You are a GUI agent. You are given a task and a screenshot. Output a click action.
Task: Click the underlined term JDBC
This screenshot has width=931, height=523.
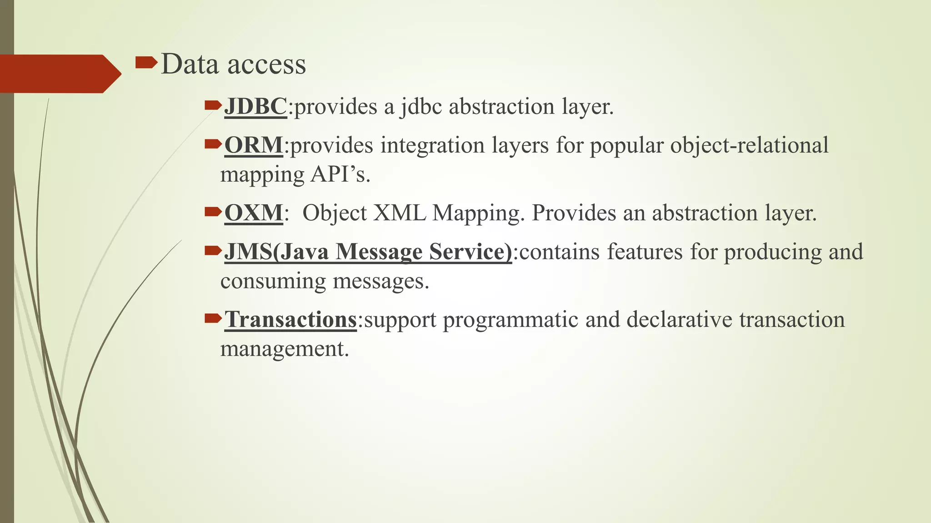pyautogui.click(x=255, y=107)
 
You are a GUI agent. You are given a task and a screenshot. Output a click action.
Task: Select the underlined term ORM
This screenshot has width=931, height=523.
pyautogui.click(x=253, y=146)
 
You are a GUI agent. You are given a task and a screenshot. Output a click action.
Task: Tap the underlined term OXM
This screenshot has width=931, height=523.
pyautogui.click(x=253, y=213)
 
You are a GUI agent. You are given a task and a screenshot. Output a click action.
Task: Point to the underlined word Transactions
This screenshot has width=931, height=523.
pyautogui.click(x=290, y=320)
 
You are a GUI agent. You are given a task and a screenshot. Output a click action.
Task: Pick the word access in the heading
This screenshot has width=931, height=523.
pyautogui.click(x=266, y=64)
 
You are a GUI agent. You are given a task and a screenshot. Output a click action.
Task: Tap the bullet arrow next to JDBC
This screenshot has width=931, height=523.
pyautogui.click(x=213, y=106)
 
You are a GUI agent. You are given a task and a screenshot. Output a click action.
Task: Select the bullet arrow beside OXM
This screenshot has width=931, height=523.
pyautogui.click(x=213, y=212)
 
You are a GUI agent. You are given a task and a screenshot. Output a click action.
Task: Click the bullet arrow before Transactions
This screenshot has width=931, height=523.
pyautogui.click(x=213, y=318)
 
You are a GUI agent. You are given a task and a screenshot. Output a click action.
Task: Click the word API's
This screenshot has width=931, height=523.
pyautogui.click(x=340, y=175)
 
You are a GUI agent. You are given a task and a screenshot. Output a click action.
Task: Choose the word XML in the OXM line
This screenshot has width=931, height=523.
pyautogui.click(x=399, y=213)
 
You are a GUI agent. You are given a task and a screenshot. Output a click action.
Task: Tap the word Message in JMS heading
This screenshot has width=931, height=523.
pyautogui.click(x=379, y=252)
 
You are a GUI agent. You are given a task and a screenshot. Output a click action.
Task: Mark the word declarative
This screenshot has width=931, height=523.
pyautogui.click(x=679, y=320)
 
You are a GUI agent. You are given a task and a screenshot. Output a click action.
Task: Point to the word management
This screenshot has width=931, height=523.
pyautogui.click(x=285, y=350)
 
